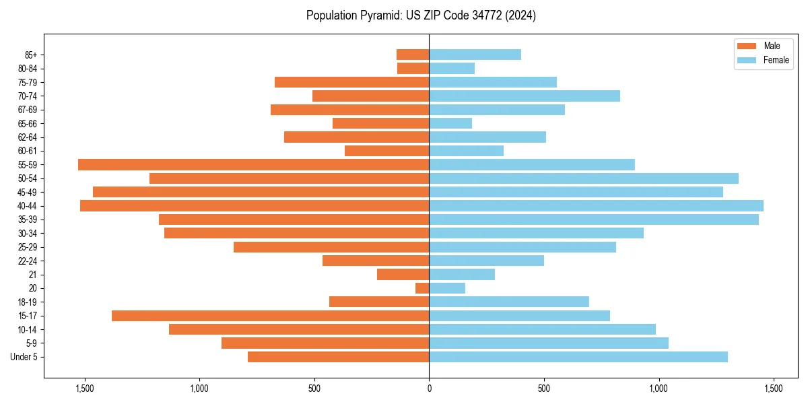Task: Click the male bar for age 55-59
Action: click(x=253, y=164)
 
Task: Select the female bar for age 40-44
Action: click(x=596, y=205)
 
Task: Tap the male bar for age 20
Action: click(x=422, y=288)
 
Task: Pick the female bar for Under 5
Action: click(x=578, y=357)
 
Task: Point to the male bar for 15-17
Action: click(x=270, y=316)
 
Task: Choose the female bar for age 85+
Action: click(x=475, y=55)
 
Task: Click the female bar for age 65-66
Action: click(x=450, y=123)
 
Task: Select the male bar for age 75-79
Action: click(x=351, y=82)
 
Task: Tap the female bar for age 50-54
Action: click(x=583, y=178)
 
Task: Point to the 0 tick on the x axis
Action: click(x=429, y=389)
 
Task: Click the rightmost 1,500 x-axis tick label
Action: click(x=773, y=389)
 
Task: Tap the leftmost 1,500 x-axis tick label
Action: click(x=85, y=389)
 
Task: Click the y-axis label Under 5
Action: click(x=24, y=357)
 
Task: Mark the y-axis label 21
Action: click(x=33, y=275)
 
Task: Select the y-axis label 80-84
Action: click(x=28, y=69)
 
